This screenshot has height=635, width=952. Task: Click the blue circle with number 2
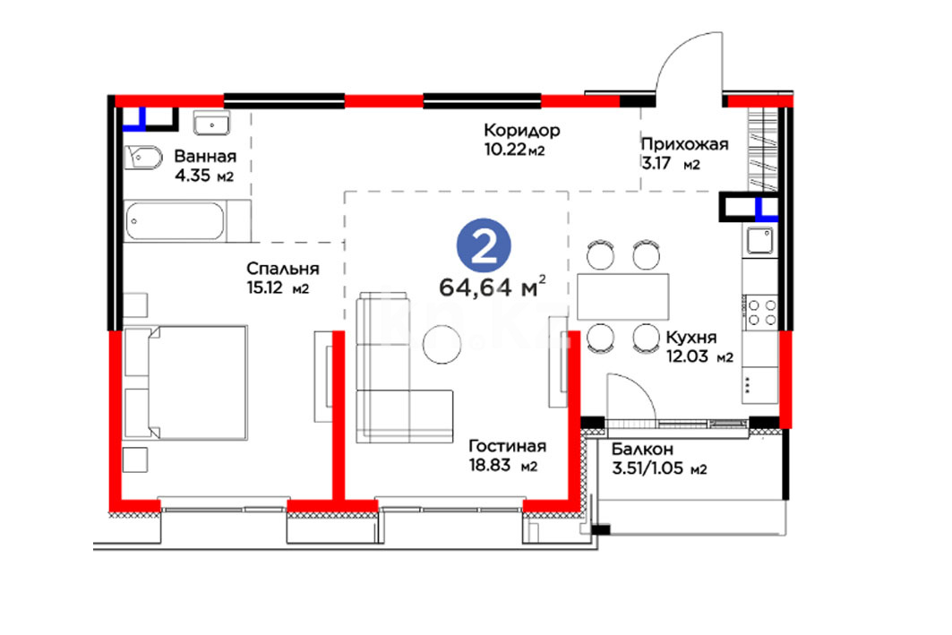click(x=484, y=245)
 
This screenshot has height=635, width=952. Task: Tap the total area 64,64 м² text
click(x=492, y=286)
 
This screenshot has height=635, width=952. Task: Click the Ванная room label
click(x=205, y=156)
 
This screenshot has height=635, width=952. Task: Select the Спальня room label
click(x=283, y=269)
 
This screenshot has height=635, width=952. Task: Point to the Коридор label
click(x=522, y=131)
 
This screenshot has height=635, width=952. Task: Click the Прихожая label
click(x=685, y=144)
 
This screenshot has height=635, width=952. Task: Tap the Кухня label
click(x=691, y=338)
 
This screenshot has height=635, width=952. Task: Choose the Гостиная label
click(x=508, y=446)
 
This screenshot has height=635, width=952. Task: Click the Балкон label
click(x=642, y=450)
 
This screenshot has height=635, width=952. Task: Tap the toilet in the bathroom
click(x=143, y=159)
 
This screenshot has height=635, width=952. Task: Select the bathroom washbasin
click(x=211, y=123)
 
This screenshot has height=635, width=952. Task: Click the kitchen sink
click(x=759, y=240)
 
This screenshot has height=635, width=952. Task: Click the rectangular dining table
click(x=623, y=296)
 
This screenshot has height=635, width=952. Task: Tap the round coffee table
click(x=442, y=344)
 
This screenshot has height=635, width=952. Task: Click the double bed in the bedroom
click(x=185, y=382)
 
